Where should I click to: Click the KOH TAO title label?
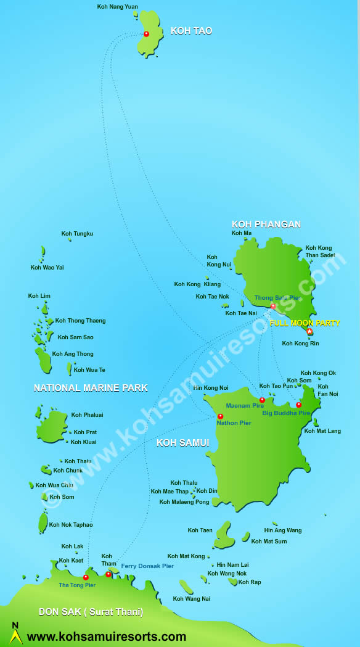[x=191, y=31]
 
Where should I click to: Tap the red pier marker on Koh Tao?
[x=146, y=34]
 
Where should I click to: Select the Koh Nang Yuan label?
[x=118, y=7]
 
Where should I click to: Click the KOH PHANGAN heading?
[x=266, y=225]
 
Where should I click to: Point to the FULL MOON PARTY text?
[x=305, y=323]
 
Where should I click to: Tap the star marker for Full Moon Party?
[x=309, y=331]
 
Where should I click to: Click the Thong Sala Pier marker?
[x=273, y=306]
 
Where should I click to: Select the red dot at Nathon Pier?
[x=220, y=416]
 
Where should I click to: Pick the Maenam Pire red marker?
[x=262, y=400]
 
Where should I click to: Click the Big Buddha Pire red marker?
[x=298, y=405]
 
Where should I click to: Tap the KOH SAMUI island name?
[x=183, y=443]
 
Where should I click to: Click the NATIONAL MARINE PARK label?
[x=91, y=388]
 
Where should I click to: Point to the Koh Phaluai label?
[x=87, y=415]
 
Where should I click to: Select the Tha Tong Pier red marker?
[x=86, y=577]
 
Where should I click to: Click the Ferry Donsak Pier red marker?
[x=108, y=574]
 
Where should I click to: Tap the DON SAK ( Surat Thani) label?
[x=91, y=612]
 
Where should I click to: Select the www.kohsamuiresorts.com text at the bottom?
[x=107, y=637]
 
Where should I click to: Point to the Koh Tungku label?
[x=77, y=234]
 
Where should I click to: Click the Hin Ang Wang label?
[x=283, y=530]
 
